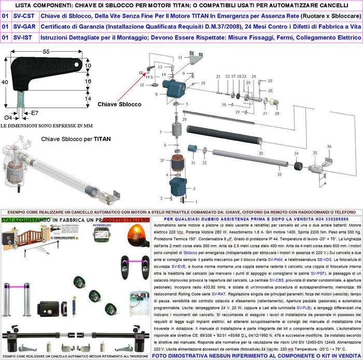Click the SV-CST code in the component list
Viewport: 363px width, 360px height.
point(24,16)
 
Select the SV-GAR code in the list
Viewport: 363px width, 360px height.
point(24,27)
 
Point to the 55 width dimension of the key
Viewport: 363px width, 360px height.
point(46,52)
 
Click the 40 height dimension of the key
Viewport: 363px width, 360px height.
point(4,82)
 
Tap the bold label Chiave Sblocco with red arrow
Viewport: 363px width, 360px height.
point(119,104)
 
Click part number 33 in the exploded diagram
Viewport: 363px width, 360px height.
point(280,175)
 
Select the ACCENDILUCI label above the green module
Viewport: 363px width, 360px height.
point(102,226)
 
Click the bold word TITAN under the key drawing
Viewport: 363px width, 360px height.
point(102,139)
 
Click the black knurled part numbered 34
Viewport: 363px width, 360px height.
point(298,167)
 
